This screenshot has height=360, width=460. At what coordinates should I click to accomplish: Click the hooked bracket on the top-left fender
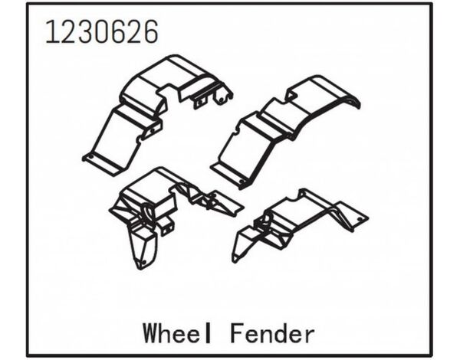[x=221, y=95]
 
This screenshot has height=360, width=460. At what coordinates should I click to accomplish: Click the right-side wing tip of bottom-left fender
[x=230, y=207]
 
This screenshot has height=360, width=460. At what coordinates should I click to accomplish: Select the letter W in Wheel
[x=150, y=335]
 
